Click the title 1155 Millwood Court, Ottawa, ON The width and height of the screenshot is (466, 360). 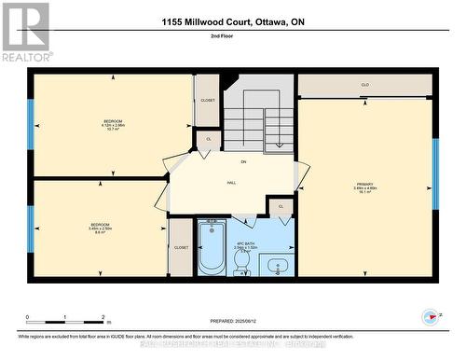click(233, 21)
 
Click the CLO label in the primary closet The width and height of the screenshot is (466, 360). click(365, 85)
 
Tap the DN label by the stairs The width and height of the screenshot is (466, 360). click(243, 162)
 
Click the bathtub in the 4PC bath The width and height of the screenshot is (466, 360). click(211, 247)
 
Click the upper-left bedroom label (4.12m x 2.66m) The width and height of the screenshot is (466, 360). click(112, 125)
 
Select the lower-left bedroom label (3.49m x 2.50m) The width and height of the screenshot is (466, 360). click(99, 228)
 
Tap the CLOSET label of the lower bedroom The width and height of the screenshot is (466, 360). click(181, 248)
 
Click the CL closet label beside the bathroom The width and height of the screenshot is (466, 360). click(281, 206)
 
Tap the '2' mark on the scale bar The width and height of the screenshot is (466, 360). click(103, 317)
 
